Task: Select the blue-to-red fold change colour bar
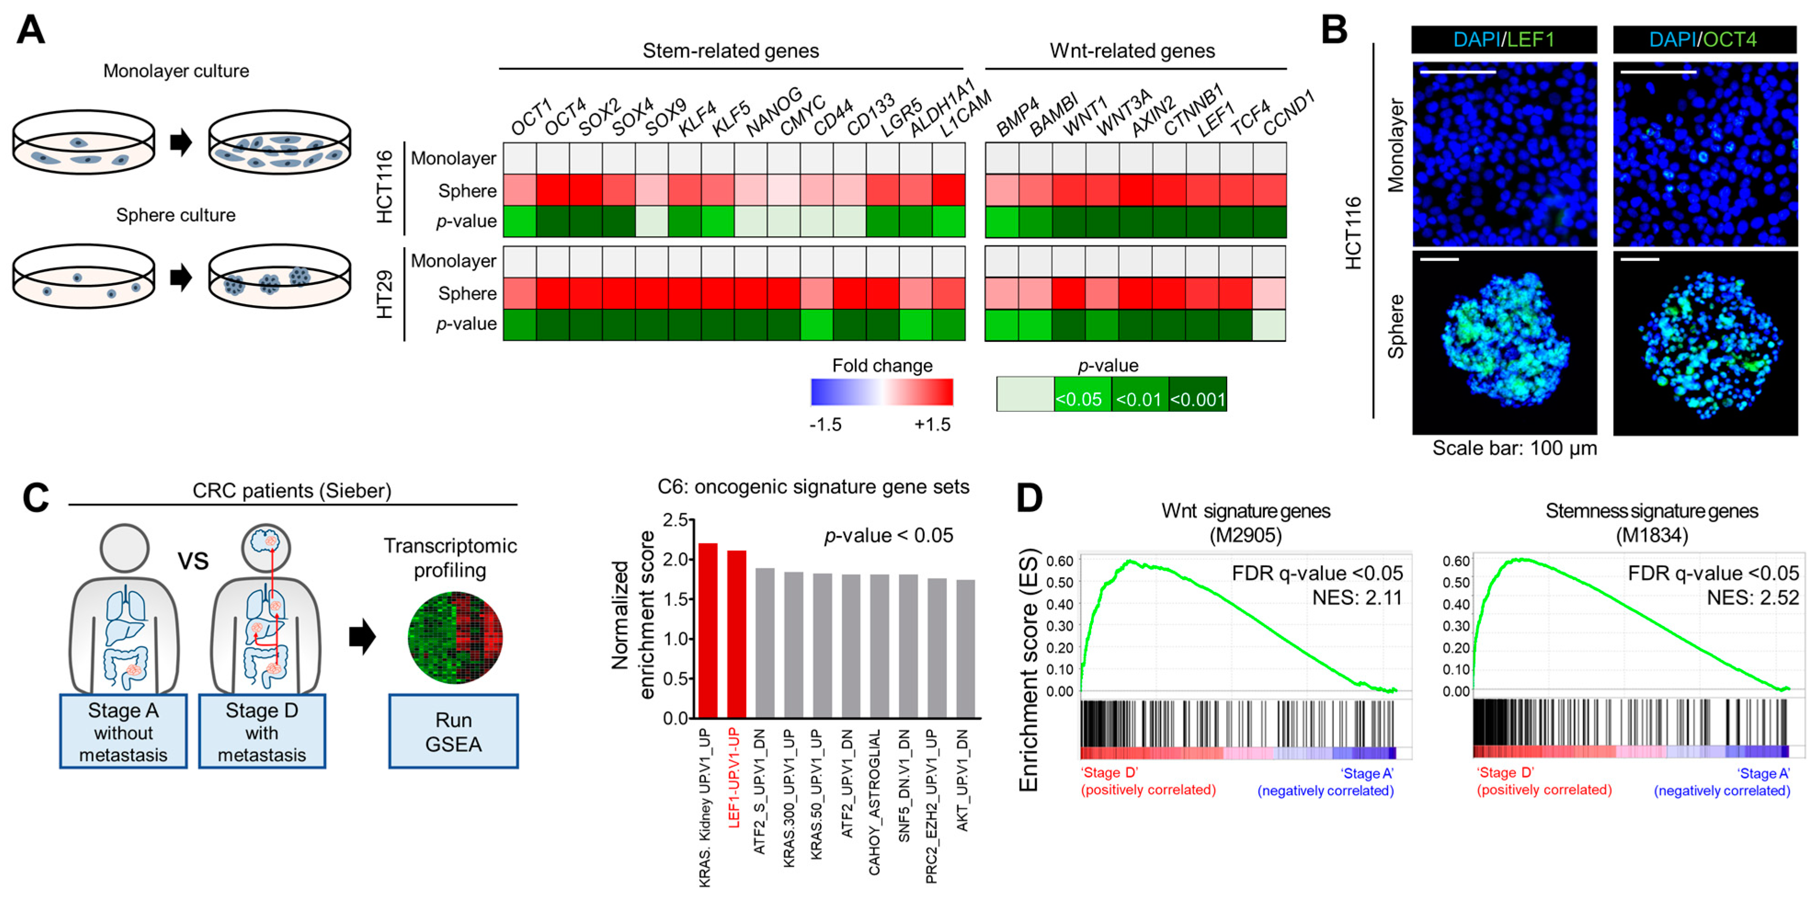(882, 392)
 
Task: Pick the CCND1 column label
(1288, 113)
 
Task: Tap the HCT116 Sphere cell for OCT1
(519, 190)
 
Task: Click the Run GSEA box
(453, 731)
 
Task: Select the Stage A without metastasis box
(124, 731)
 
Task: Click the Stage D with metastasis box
(262, 731)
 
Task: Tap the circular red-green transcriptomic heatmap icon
(455, 638)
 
